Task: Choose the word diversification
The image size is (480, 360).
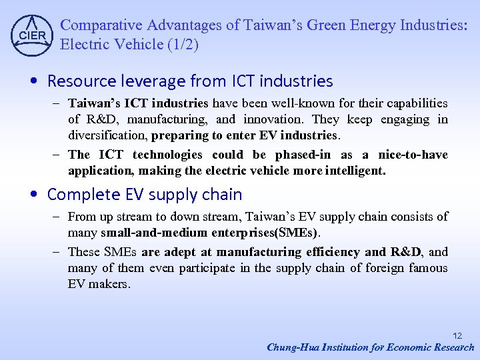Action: pos(108,135)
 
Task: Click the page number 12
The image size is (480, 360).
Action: pos(457,336)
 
